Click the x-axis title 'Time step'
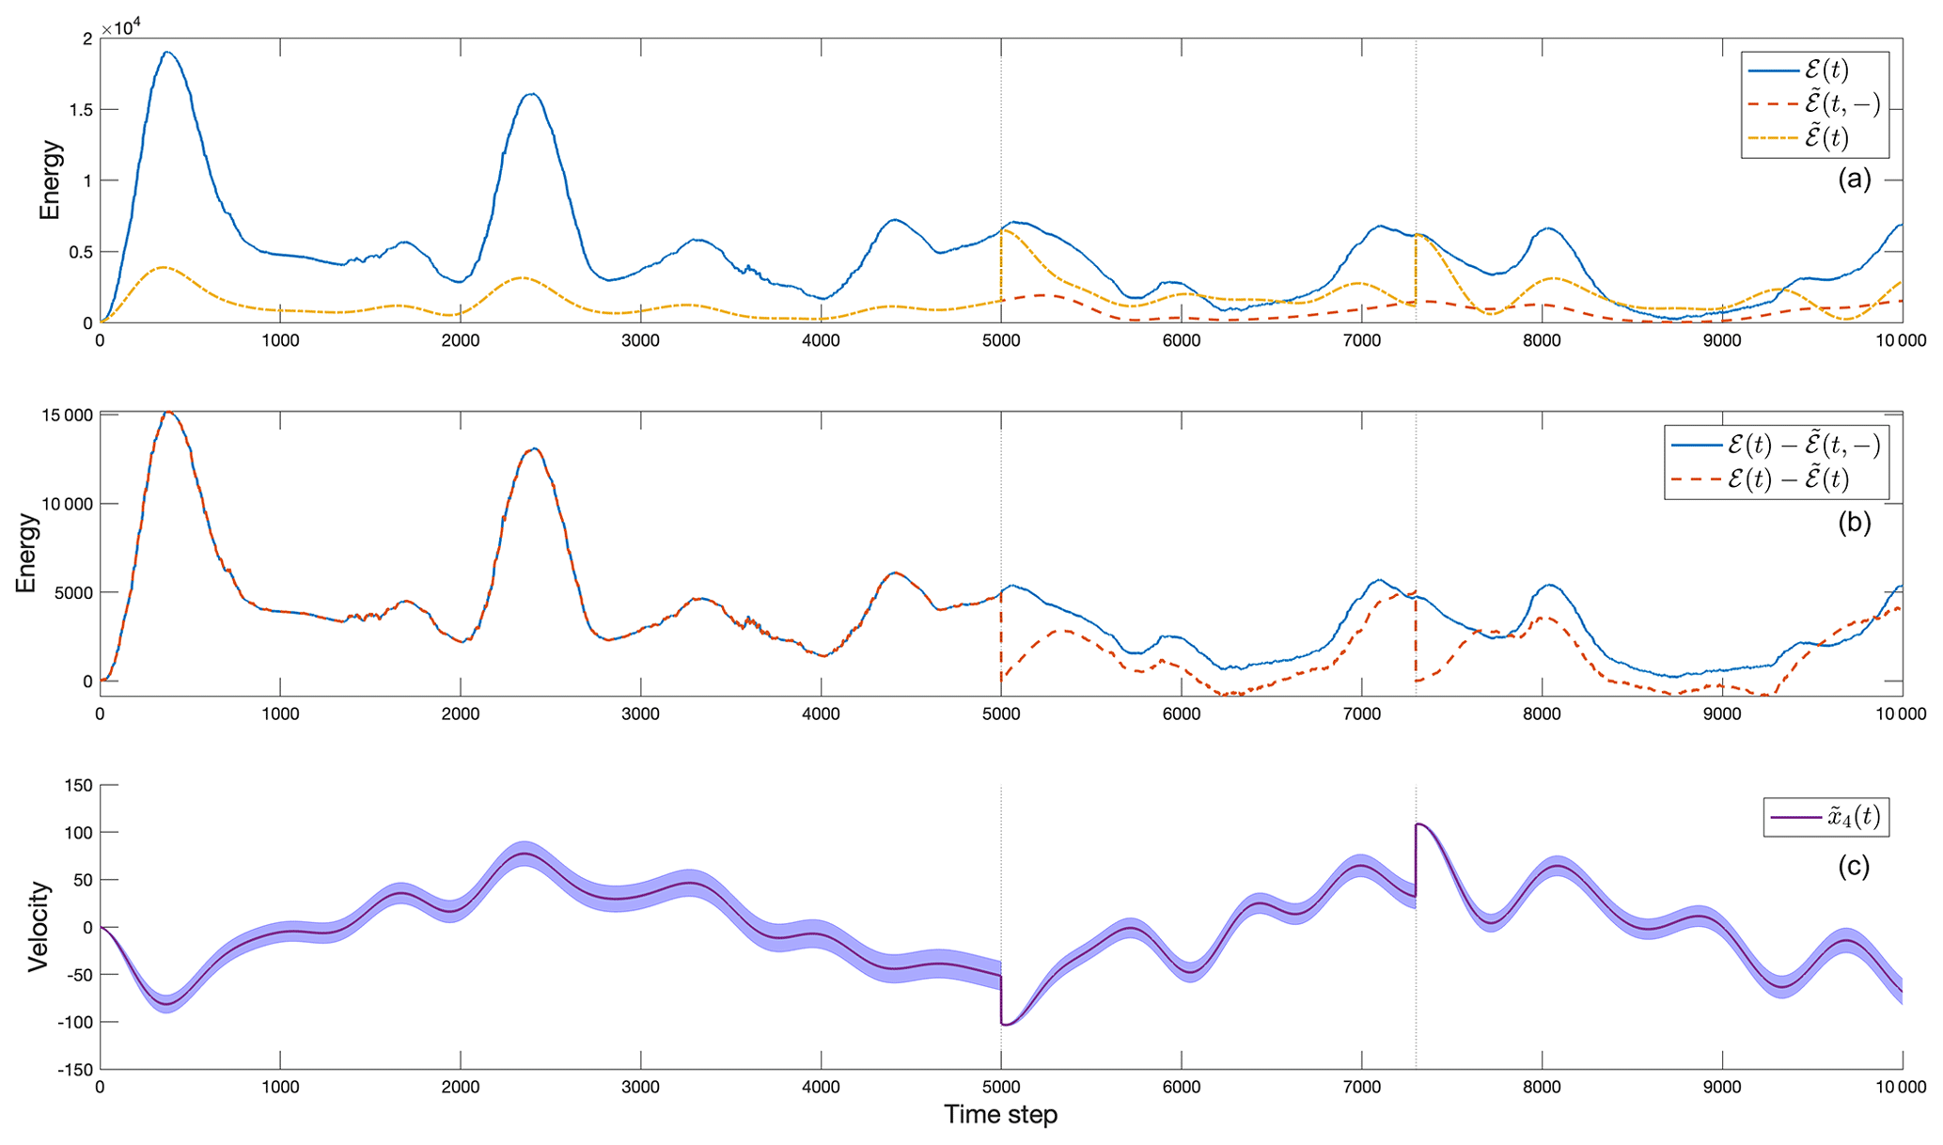[1000, 1115]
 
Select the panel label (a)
[1854, 179]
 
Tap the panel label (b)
[1854, 523]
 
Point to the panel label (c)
[1854, 866]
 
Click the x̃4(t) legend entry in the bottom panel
[1826, 817]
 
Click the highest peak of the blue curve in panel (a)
[167, 52]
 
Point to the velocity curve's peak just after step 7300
[1419, 824]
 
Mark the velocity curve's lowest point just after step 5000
[1006, 1025]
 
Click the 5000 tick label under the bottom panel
[1000, 1088]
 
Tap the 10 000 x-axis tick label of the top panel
[1901, 341]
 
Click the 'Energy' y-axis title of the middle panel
[26, 553]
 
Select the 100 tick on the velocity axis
[76, 833]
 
